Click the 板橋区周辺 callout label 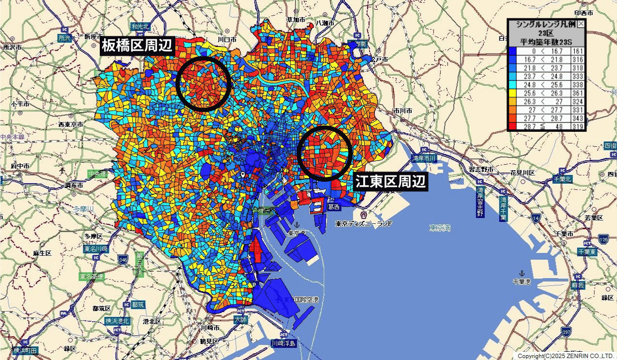pos(137,46)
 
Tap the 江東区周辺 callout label pos(390,182)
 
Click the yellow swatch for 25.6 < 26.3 pos(512,94)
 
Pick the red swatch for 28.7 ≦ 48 pos(512,127)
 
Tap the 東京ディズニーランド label pos(364,224)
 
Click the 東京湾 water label pos(440,228)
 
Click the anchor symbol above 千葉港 pos(522,273)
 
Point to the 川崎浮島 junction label pos(283,344)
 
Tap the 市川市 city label pos(402,111)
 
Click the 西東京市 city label pos(70,125)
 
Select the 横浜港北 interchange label pos(117,321)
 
